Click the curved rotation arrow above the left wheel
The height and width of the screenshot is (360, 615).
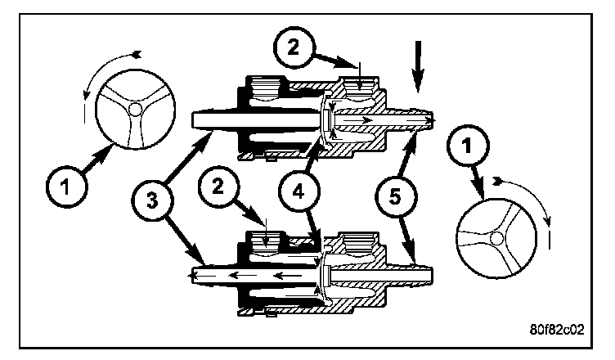pyautogui.click(x=106, y=65)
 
